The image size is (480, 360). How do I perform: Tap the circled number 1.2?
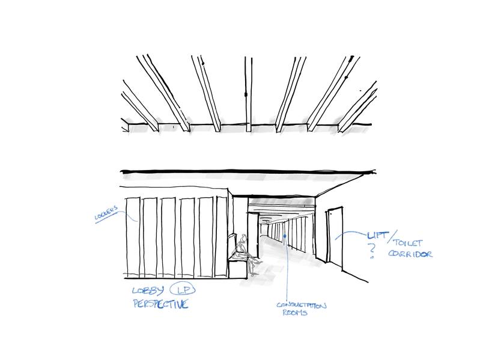(x=183, y=290)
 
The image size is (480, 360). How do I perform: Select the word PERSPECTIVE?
(x=160, y=305)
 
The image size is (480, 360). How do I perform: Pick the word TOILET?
(x=409, y=243)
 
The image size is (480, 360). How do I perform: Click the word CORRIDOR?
(x=410, y=254)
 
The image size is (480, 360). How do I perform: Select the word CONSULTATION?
(x=302, y=305)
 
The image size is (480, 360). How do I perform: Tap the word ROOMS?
(x=294, y=313)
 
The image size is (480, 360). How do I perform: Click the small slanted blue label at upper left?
(x=106, y=215)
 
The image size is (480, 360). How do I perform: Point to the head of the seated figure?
(x=243, y=239)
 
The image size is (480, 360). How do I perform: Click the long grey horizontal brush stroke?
(x=240, y=177)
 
